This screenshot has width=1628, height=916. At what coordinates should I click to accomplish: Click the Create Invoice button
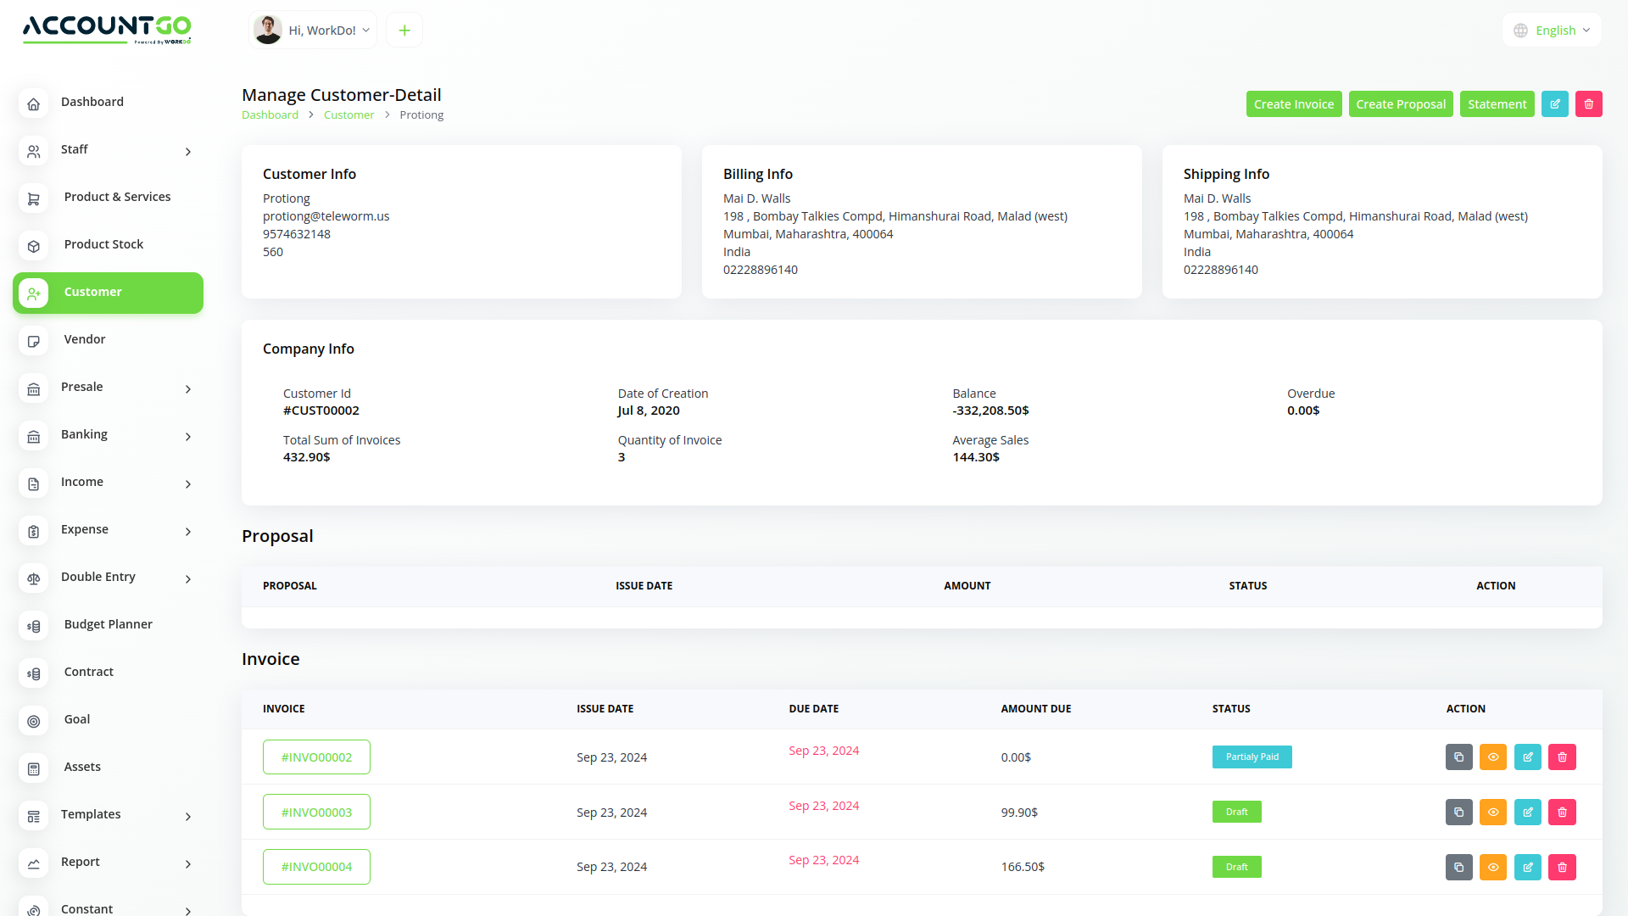pos(1293,104)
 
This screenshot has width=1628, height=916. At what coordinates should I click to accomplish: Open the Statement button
pos(1497,104)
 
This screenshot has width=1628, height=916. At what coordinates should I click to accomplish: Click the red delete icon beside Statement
pos(1588,104)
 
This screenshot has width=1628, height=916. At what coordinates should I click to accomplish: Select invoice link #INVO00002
pos(316,757)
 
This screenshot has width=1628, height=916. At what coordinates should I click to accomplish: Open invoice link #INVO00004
pos(316,867)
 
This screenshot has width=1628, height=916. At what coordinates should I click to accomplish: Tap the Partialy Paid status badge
pos(1252,757)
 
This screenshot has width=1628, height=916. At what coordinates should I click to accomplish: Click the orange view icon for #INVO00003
pos(1492,813)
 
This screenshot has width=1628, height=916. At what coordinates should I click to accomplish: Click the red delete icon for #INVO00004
pos(1562,867)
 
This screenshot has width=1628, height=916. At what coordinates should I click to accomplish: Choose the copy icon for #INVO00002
pos(1458,757)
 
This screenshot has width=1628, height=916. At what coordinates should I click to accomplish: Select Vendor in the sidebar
pos(85,339)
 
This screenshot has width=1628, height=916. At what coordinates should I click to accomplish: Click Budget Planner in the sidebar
pos(108,624)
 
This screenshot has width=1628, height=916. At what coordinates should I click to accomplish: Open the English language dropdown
pos(1553,31)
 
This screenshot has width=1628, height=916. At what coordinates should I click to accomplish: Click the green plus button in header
pos(404,31)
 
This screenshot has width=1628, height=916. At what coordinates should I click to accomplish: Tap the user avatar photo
pos(268,30)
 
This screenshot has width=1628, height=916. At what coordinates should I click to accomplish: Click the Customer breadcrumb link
pos(348,115)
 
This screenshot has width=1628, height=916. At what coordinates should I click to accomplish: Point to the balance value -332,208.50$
pos(990,411)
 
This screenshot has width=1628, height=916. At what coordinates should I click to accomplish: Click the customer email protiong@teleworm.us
pos(326,216)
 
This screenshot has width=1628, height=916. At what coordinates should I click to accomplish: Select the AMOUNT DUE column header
pos(1035,709)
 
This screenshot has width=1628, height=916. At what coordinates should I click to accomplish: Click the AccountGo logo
pos(107,28)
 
